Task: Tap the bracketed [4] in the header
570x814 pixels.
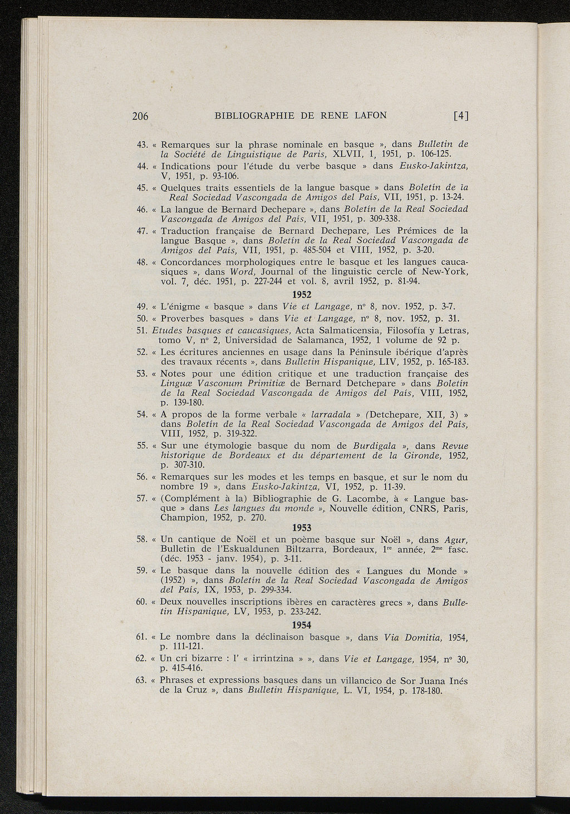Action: coord(461,116)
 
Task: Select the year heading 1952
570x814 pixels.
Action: coord(302,295)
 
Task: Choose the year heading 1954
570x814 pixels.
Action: coord(302,625)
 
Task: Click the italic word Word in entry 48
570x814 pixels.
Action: coord(240,272)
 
